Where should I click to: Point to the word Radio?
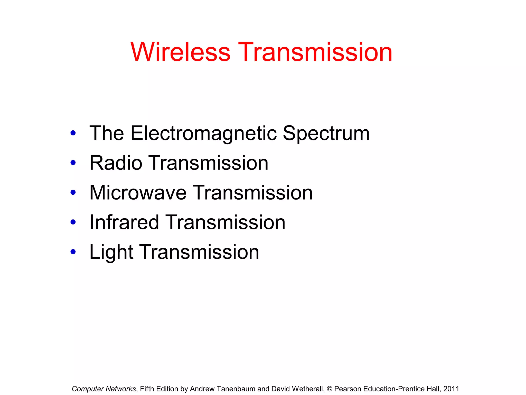click(116, 163)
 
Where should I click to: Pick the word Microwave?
click(138, 193)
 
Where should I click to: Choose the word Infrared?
click(124, 222)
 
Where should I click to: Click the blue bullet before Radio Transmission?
click(73, 163)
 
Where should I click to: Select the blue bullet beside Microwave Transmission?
click(73, 192)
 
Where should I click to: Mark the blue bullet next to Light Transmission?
click(73, 252)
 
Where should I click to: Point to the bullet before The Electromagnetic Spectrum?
click(73, 133)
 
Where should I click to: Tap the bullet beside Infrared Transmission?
click(73, 222)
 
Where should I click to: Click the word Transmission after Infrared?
click(225, 222)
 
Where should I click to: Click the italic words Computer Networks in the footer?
click(104, 389)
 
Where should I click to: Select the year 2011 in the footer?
click(451, 389)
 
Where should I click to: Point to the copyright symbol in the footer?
click(329, 389)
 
